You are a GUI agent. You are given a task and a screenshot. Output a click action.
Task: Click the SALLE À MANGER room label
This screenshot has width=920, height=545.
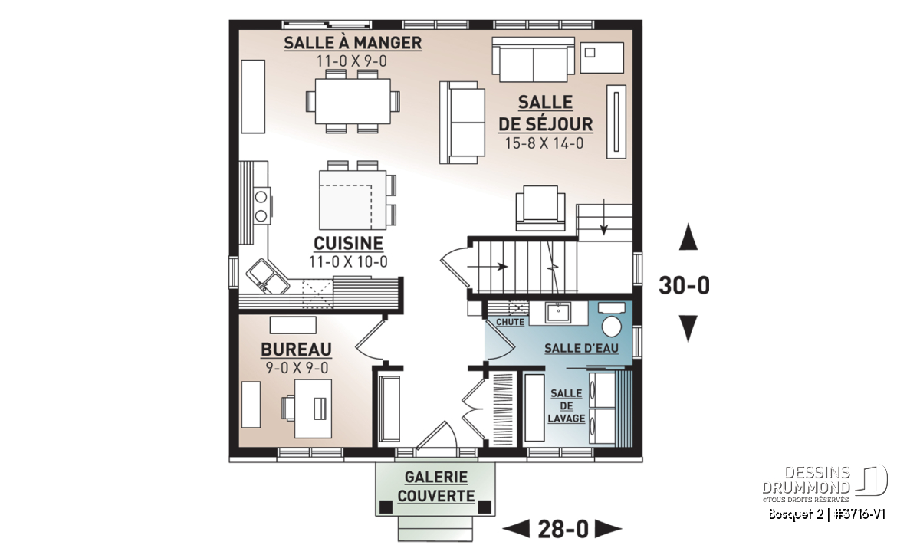click(353, 43)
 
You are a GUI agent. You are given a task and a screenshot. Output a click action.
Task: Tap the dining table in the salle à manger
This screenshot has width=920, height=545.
click(353, 101)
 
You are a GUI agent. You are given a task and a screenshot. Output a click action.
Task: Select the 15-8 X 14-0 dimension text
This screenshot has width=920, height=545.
click(544, 143)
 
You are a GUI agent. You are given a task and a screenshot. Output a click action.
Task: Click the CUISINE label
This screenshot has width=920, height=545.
click(348, 243)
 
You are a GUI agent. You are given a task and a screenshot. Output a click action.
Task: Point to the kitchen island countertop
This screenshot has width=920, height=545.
click(353, 200)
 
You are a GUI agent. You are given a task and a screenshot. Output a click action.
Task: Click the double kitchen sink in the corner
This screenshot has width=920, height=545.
click(268, 277)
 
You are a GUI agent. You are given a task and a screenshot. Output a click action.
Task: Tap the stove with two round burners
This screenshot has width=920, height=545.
click(261, 205)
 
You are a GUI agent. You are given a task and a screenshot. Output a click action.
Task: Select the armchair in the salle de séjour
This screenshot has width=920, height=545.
click(540, 208)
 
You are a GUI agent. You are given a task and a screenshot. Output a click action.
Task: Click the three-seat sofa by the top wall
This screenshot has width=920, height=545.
click(534, 60)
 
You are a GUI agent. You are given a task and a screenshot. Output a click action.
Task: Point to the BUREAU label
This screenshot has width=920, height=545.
click(296, 350)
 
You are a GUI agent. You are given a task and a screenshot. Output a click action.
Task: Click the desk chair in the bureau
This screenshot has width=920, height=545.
click(288, 408)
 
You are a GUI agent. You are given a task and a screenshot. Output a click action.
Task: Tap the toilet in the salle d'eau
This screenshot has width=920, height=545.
click(612, 320)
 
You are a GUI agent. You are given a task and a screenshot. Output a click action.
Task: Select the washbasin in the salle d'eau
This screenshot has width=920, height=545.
click(558, 313)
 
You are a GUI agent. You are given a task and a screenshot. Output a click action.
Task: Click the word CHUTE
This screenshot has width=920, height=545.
click(510, 323)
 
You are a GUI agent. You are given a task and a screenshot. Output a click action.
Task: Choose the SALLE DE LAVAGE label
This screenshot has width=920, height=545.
click(567, 405)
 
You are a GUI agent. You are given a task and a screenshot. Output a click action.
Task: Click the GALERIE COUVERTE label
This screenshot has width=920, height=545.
click(436, 487)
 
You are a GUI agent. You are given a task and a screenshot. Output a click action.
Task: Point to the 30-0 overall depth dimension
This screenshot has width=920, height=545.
click(684, 285)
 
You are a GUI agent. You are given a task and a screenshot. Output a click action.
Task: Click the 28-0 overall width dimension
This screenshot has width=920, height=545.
click(563, 529)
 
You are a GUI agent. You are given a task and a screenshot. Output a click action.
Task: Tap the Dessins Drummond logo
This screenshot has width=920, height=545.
click(825, 483)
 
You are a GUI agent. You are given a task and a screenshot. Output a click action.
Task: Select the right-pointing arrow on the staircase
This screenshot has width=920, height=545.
click(488, 267)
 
